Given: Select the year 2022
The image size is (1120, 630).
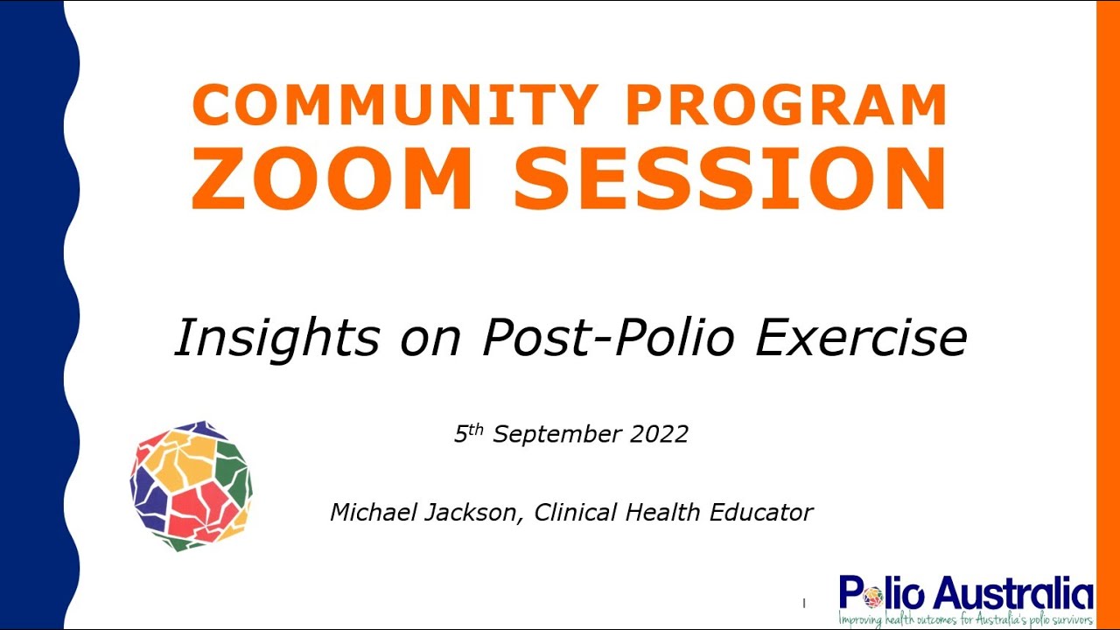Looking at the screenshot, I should pos(657,433).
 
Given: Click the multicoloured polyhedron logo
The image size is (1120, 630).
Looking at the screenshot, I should pos(191,486).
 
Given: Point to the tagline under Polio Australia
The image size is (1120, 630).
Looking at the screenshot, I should pos(965,619).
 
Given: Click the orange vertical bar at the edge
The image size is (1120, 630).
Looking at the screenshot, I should pos(1108,315).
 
